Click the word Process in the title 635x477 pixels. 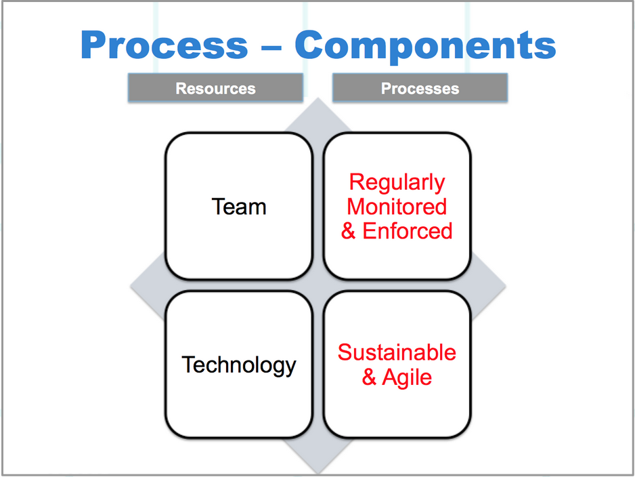[164, 45]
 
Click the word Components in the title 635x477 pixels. [425, 47]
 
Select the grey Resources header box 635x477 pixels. [215, 87]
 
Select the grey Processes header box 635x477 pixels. [420, 87]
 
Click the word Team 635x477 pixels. [239, 207]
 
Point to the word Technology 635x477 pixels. [239, 366]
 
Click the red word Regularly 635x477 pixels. [397, 183]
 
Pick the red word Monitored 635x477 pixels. [397, 207]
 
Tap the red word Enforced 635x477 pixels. [407, 231]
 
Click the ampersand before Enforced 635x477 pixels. [348, 231]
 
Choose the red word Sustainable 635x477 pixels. [397, 352]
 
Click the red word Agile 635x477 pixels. [407, 378]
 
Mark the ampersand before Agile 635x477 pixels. [369, 377]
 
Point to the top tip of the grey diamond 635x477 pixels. [318, 98]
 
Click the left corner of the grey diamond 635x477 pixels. [130, 287]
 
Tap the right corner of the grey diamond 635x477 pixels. [506, 286]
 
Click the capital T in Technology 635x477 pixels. [189, 365]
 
